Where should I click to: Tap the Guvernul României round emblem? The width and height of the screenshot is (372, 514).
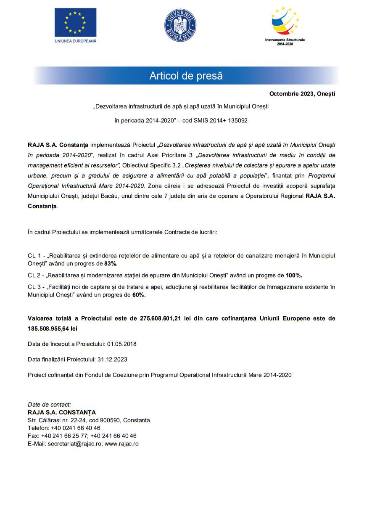click(x=180, y=25)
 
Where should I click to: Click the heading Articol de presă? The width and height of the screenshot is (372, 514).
click(x=186, y=76)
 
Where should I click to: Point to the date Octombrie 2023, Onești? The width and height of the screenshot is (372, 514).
click(x=302, y=94)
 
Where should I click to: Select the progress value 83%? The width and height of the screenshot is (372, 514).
click(x=111, y=264)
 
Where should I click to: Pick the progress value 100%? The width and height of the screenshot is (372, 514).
click(x=294, y=275)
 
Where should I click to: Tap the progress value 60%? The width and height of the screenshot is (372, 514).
click(x=139, y=295)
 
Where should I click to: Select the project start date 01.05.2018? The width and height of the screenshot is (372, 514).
click(x=121, y=344)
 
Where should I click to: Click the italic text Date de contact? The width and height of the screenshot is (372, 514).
click(x=50, y=405)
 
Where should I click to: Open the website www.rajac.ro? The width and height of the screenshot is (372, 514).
click(x=121, y=444)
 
